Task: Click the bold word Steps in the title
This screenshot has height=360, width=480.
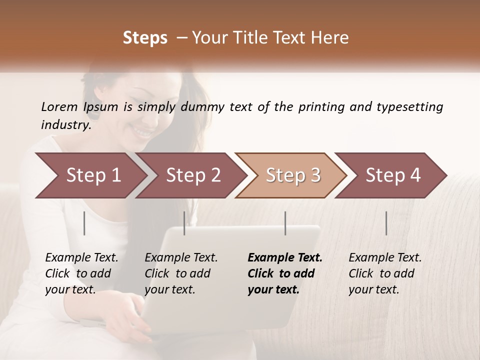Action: click(x=145, y=38)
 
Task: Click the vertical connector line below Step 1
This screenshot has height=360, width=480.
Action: click(x=84, y=223)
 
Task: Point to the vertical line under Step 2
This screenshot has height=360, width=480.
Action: click(x=184, y=223)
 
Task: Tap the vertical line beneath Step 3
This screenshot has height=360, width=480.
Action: click(x=285, y=223)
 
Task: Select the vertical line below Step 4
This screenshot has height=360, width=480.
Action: click(x=386, y=223)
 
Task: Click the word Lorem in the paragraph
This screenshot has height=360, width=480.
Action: click(x=59, y=106)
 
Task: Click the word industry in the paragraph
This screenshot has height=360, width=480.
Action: click(x=65, y=125)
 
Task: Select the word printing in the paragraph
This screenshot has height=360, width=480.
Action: click(x=321, y=107)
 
